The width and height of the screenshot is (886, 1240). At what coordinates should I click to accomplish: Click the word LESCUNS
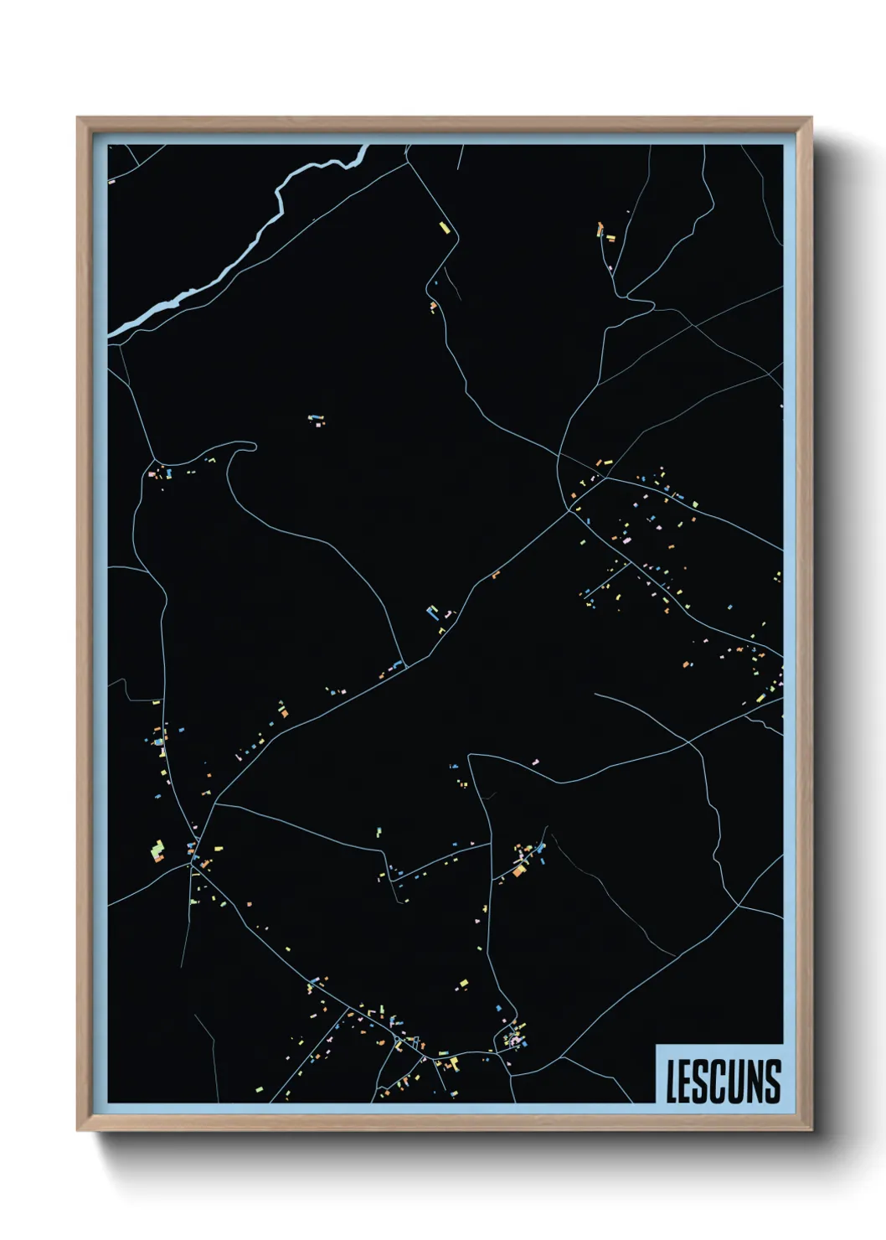(724, 1081)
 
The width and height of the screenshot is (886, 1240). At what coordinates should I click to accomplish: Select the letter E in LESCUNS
(687, 1082)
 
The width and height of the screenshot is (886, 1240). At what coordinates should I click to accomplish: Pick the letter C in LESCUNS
(719, 1082)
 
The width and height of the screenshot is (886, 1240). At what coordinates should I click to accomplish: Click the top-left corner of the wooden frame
(78, 118)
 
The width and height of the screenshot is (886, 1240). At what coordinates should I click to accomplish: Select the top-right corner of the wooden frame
(811, 118)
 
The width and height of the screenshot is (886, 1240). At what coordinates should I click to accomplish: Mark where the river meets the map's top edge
(365, 147)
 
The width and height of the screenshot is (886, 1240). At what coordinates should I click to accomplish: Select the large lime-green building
(157, 853)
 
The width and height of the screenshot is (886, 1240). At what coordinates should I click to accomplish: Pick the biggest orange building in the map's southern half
(519, 871)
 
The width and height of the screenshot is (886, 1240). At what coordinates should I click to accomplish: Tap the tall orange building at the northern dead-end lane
(600, 228)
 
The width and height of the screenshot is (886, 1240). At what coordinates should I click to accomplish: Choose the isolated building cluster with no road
(316, 419)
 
